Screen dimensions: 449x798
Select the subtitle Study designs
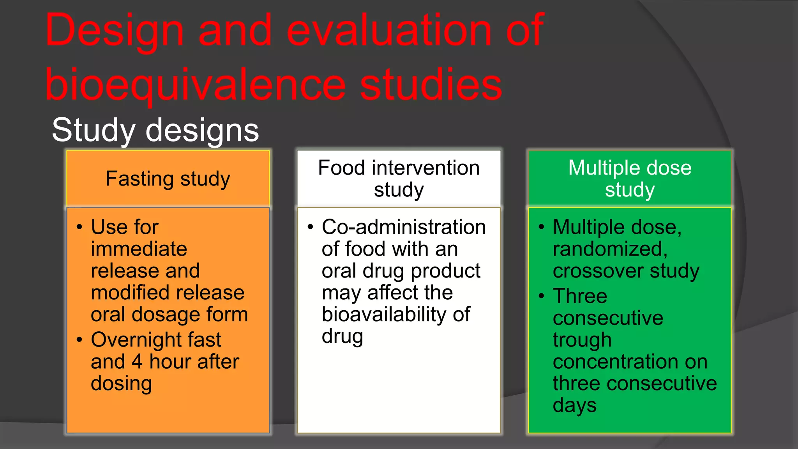tap(155, 130)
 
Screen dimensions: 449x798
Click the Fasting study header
tap(168, 179)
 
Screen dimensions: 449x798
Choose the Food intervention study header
tap(399, 179)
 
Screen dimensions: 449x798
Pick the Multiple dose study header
tap(630, 179)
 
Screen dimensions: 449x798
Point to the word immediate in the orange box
tap(139, 249)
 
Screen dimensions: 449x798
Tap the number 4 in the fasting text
tap(137, 362)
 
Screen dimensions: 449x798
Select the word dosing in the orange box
tap(121, 384)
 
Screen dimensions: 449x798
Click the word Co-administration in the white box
tap(404, 227)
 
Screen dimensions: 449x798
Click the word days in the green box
tap(574, 406)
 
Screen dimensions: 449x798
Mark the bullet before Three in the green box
tap(541, 296)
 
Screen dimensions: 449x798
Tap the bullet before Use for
tap(79, 227)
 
